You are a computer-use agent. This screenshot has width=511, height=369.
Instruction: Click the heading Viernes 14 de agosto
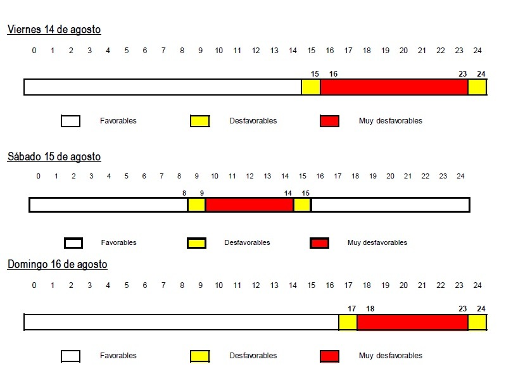point(54,30)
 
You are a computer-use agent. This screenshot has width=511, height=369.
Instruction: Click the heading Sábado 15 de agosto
point(54,157)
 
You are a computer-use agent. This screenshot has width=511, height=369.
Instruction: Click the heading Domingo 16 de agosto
point(57,265)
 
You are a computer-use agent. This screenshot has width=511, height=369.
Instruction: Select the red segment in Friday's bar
point(394,87)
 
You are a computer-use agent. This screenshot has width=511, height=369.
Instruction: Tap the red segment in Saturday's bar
point(249,205)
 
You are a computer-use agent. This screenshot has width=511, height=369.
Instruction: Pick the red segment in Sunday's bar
point(412,322)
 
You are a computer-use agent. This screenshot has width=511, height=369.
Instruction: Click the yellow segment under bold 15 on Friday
point(311,87)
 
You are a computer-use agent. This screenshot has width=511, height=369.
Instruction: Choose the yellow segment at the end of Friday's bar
point(477,87)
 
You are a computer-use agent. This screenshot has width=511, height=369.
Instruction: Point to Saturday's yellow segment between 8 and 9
point(196,205)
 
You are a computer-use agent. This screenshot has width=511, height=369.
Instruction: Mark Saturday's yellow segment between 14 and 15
point(302,205)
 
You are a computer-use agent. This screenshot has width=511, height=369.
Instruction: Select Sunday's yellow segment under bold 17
point(348,322)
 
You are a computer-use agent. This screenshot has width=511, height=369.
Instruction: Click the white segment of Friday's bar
point(163,87)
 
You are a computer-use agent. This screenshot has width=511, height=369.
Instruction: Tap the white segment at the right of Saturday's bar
point(389,205)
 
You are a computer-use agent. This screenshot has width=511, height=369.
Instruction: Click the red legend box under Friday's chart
point(330,121)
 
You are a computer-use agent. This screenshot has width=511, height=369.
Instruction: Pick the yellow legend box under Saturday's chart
point(197,243)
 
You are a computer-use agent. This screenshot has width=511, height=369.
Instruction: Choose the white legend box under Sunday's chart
point(70,356)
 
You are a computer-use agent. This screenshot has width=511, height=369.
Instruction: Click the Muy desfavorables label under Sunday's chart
point(390,356)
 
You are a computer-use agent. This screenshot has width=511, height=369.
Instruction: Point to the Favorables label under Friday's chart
point(118,121)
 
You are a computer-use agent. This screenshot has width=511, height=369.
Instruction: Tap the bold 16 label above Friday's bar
point(333,74)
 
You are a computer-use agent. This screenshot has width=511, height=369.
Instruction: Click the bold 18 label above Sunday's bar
point(370,309)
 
